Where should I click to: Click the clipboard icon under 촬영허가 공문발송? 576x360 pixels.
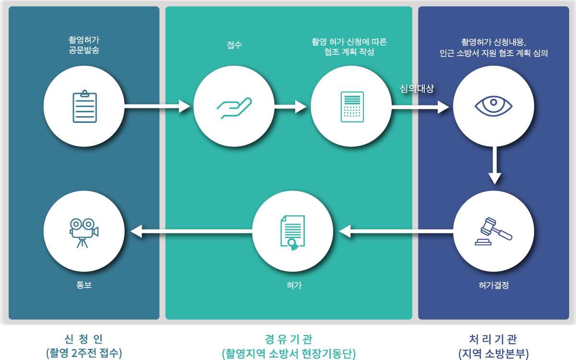pos(84,107)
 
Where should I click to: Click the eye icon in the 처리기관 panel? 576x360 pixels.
pos(493,106)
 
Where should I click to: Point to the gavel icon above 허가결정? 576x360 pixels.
pos(493,231)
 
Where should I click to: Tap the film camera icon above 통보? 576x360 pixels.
pos(84,232)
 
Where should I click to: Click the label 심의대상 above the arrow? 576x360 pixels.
pos(417,89)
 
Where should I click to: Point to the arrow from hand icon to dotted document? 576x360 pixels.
pos(290,106)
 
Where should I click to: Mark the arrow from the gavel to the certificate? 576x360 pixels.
pos(396,232)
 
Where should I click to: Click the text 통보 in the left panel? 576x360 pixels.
pos(84,285)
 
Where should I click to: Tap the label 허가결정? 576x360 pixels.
pos(493,285)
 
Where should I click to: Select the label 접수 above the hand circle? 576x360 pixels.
pos(234,46)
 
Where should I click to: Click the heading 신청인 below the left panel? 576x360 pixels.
pos(84,339)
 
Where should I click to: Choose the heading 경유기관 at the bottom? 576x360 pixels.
pos(288,339)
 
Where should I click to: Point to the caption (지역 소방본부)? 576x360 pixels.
pos(493,353)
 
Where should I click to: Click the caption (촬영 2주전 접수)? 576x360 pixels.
pos(84,353)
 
